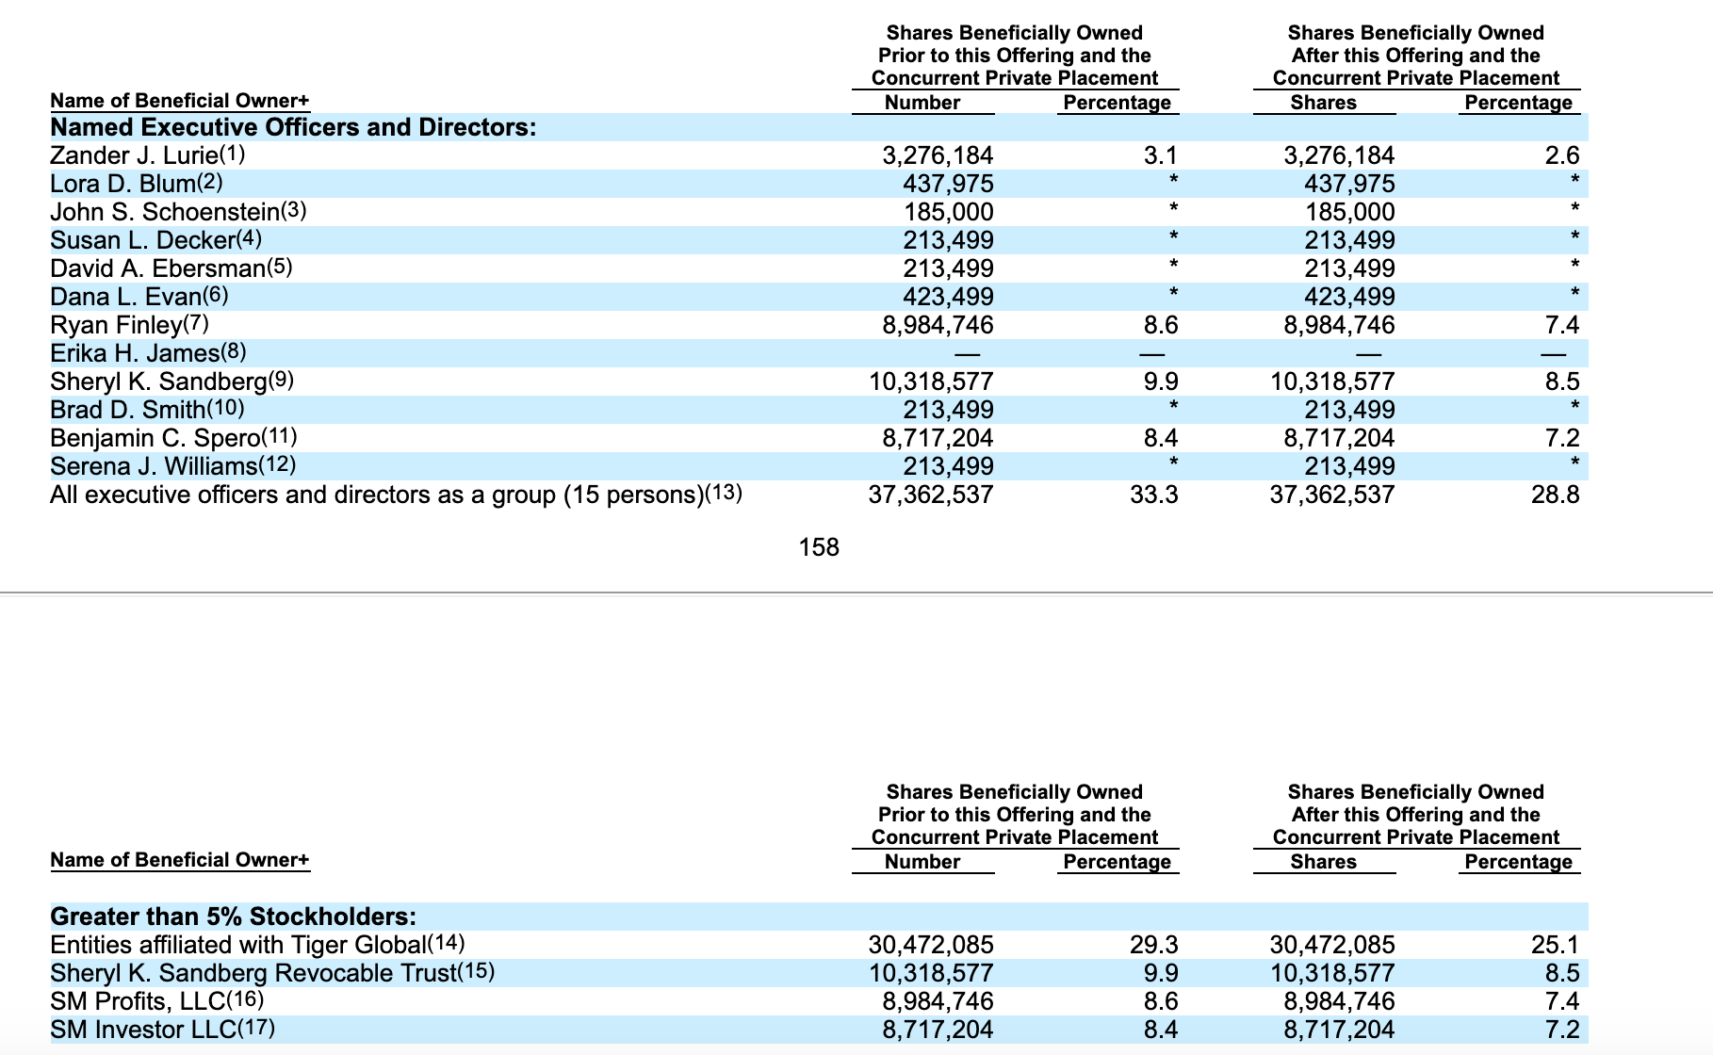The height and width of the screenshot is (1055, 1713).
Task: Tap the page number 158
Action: click(819, 547)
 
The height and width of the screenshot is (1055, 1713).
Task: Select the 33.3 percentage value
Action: click(1154, 495)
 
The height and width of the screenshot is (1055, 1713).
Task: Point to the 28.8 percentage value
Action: click(1556, 495)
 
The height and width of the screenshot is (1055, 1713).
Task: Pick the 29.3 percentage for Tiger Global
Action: click(1154, 945)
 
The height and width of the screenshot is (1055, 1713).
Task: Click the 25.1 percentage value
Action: click(1556, 945)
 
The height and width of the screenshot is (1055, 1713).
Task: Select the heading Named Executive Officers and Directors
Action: click(293, 127)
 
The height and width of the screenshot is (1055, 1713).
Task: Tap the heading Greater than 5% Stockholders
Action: click(233, 917)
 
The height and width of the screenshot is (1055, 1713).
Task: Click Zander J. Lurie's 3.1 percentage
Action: click(1161, 155)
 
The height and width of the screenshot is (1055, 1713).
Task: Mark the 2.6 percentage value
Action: click(1562, 155)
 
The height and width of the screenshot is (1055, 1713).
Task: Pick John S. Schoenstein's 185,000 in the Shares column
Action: click(1349, 212)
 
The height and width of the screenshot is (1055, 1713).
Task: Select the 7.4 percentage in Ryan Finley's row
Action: click(1562, 325)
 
